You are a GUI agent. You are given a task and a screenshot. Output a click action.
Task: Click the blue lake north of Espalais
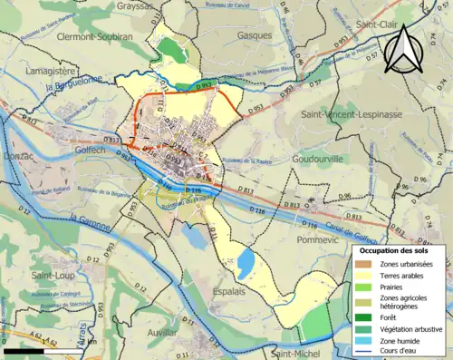pyautogui.click(x=245, y=264)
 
